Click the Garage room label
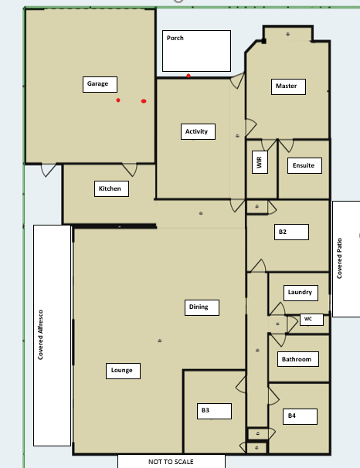pyautogui.click(x=97, y=83)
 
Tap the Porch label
pyautogui.click(x=175, y=38)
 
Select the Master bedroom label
pyautogui.click(x=286, y=86)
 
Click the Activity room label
pyautogui.click(x=196, y=131)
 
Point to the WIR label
pyautogui.click(x=259, y=162)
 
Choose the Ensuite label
pyautogui.click(x=304, y=165)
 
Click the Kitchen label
pyautogui.click(x=110, y=188)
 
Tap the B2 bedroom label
pyautogui.click(x=283, y=232)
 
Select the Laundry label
pyautogui.click(x=300, y=292)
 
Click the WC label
pyautogui.click(x=308, y=319)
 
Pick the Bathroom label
pyautogui.click(x=297, y=359)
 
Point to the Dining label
pyautogui.click(x=199, y=307)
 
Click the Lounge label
pyautogui.click(x=122, y=371)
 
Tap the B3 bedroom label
pyautogui.click(x=205, y=410)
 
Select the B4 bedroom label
pyautogui.click(x=292, y=415)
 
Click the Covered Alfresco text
pyautogui.click(x=40, y=334)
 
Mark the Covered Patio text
pyautogui.click(x=339, y=258)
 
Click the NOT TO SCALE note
pyautogui.click(x=171, y=462)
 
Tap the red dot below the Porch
pyautogui.click(x=188, y=76)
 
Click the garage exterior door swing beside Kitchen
pyautogui.click(x=48, y=170)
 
